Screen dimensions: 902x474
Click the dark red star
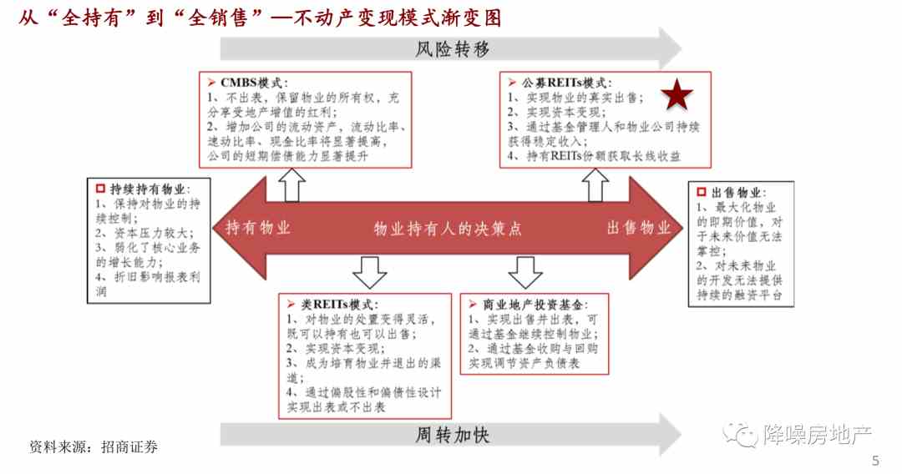pyautogui.click(x=677, y=95)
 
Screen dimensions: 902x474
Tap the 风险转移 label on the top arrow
pyautogui.click(x=452, y=49)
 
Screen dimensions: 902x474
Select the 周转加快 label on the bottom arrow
pyautogui.click(x=452, y=435)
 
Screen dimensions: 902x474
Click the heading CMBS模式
pyautogui.click(x=252, y=83)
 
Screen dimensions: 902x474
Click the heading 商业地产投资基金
pyautogui.click(x=533, y=305)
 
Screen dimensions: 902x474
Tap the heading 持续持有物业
pyautogui.click(x=148, y=189)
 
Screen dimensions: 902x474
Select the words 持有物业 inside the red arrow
pyautogui.click(x=258, y=228)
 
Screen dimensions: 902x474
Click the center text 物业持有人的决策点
pyautogui.click(x=448, y=229)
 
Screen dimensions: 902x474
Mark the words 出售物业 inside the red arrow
pyautogui.click(x=639, y=228)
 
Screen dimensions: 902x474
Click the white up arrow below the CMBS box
pyautogui.click(x=291, y=185)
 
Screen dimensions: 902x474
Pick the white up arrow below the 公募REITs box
pyautogui.click(x=595, y=185)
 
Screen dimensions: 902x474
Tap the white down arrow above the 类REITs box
pyautogui.click(x=369, y=272)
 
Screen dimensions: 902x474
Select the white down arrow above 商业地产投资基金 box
pyautogui.click(x=525, y=272)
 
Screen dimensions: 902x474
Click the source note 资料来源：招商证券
pyautogui.click(x=94, y=447)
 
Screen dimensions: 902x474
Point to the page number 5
pyautogui.click(x=875, y=460)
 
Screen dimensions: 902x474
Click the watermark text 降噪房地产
pyautogui.click(x=818, y=435)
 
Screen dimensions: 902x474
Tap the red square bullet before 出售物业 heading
pyautogui.click(x=702, y=192)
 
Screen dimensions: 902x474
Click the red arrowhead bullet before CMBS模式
pyautogui.click(x=211, y=83)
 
